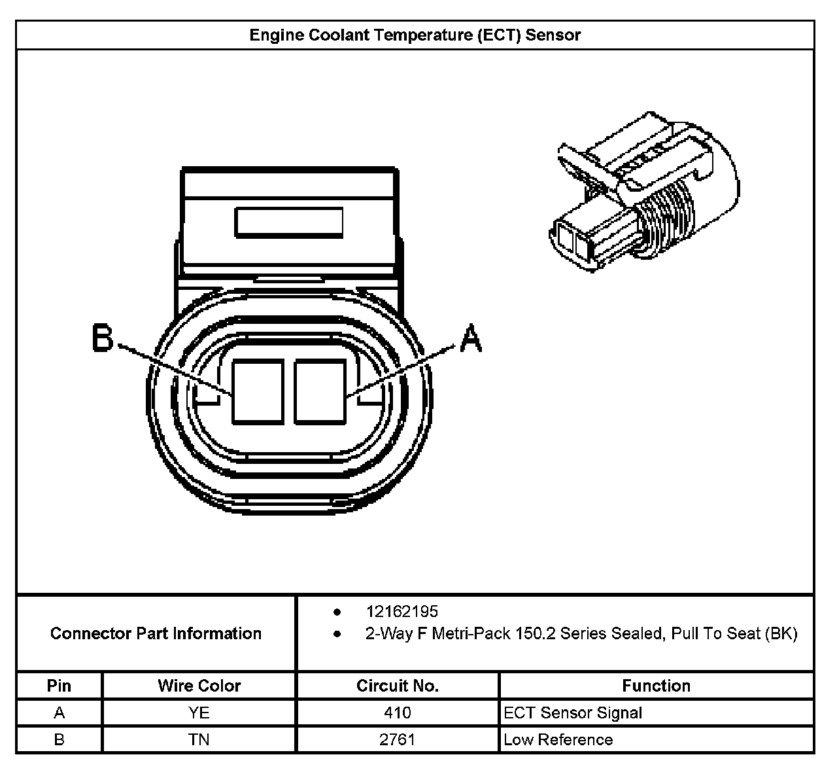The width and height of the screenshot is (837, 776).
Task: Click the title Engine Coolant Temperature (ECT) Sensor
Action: [x=415, y=35]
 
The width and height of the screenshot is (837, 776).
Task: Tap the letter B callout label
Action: [x=103, y=338]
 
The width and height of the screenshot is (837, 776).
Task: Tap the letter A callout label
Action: [x=471, y=338]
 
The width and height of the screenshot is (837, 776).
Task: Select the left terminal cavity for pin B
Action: [x=258, y=391]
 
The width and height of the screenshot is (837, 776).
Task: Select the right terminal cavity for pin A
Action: [x=320, y=391]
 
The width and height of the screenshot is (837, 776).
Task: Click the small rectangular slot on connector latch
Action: [x=289, y=222]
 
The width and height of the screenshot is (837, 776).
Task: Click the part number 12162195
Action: [x=401, y=612]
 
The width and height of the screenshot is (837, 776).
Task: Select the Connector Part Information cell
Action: [x=156, y=633]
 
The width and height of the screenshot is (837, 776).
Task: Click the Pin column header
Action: [x=59, y=686]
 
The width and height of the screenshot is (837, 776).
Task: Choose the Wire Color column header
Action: [x=199, y=686]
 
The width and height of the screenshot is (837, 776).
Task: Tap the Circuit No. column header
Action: [x=397, y=686]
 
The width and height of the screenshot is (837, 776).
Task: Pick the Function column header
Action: [x=656, y=686]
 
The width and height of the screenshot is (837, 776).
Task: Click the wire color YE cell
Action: [x=199, y=713]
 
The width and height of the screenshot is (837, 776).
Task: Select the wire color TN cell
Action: [x=199, y=739]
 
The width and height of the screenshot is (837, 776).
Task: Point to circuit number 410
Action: [x=397, y=713]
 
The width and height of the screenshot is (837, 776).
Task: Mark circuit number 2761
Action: [x=397, y=739]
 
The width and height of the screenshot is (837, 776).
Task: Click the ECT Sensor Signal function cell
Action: [x=573, y=713]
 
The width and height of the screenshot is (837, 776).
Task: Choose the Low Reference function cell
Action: [x=558, y=739]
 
